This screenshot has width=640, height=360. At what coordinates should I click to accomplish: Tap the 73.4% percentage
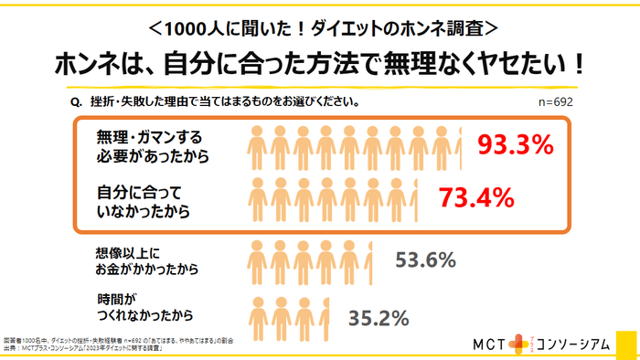click(475, 196)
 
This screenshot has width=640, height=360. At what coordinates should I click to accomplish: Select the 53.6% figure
click(425, 260)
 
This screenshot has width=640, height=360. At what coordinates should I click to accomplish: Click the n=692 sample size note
click(555, 102)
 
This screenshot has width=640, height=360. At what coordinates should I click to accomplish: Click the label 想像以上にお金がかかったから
click(145, 260)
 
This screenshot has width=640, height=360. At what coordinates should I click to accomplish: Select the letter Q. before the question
click(76, 102)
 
